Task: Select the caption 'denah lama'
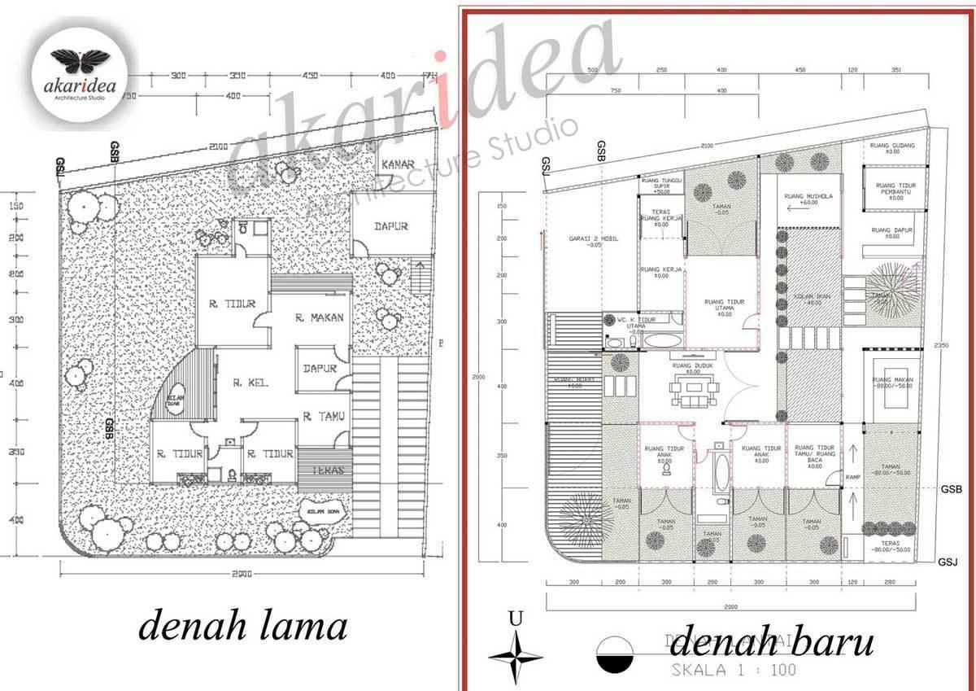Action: pos(243,628)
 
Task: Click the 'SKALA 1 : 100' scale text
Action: pos(732,671)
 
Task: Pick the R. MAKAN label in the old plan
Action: pos(320,317)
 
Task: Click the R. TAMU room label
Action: pos(324,417)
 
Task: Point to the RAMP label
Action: pos(852,477)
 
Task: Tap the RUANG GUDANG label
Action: pos(892,148)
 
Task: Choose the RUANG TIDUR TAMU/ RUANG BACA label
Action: pos(816,454)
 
